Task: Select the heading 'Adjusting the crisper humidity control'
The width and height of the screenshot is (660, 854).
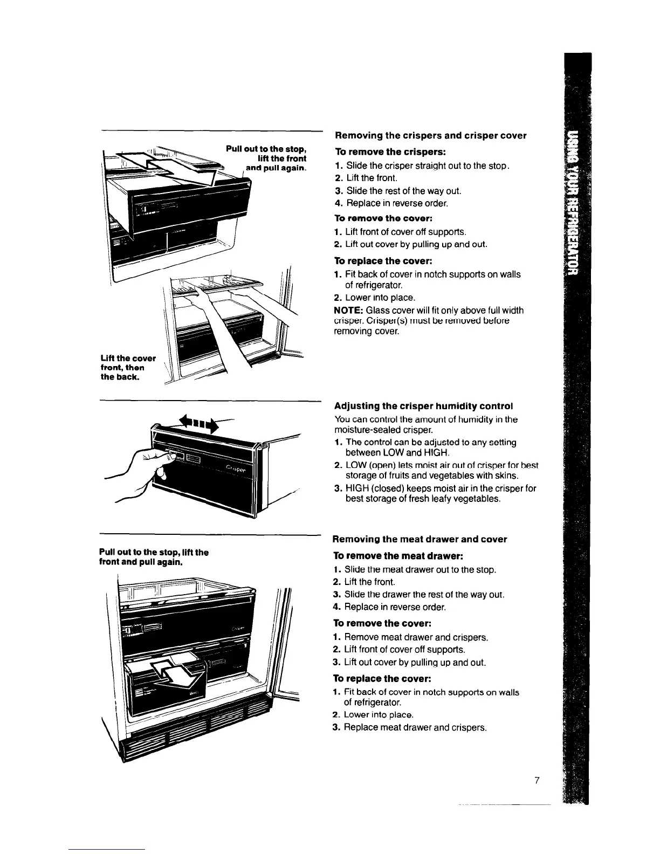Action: [423, 405]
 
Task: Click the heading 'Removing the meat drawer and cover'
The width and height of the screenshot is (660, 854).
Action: [420, 539]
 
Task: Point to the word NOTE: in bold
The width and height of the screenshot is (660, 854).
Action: [348, 311]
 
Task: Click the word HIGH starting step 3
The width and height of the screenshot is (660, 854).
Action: [357, 488]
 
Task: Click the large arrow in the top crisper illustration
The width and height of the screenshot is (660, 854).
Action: [167, 164]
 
